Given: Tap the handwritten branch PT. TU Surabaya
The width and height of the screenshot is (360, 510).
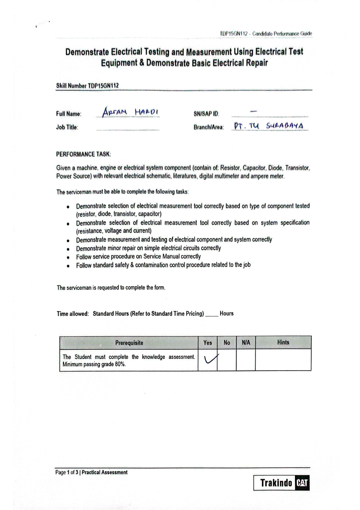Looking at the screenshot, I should pyautogui.click(x=269, y=126).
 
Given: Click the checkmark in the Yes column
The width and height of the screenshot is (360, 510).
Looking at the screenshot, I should pyautogui.click(x=210, y=359).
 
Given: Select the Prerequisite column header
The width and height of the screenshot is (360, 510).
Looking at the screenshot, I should pyautogui.click(x=129, y=343).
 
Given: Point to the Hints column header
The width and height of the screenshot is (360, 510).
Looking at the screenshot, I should pyautogui.click(x=283, y=342).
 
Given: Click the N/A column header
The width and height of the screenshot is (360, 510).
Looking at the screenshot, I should pyautogui.click(x=246, y=343).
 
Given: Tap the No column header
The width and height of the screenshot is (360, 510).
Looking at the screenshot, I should pyautogui.click(x=227, y=343).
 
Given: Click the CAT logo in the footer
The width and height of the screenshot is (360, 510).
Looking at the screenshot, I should pyautogui.click(x=302, y=483).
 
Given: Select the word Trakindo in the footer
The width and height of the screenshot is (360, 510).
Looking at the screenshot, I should pyautogui.click(x=276, y=483).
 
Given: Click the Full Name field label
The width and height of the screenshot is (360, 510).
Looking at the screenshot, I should pyautogui.click(x=69, y=114).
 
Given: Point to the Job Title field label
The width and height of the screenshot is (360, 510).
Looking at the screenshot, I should pyautogui.click(x=67, y=127).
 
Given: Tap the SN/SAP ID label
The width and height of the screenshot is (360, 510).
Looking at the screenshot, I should pyautogui.click(x=206, y=114).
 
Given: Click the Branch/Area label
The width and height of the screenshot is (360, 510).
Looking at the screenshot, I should pyautogui.click(x=208, y=127).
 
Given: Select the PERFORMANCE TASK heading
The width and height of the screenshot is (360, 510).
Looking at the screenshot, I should pyautogui.click(x=84, y=154).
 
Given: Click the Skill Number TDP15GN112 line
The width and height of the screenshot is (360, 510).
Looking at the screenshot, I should pyautogui.click(x=87, y=86).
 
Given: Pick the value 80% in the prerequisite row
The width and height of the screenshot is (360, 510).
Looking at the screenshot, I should pyautogui.click(x=120, y=364).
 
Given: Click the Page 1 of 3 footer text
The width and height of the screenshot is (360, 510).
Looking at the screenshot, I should pyautogui.click(x=67, y=473).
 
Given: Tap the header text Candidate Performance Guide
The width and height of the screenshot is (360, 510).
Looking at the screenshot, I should pyautogui.click(x=282, y=34).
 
